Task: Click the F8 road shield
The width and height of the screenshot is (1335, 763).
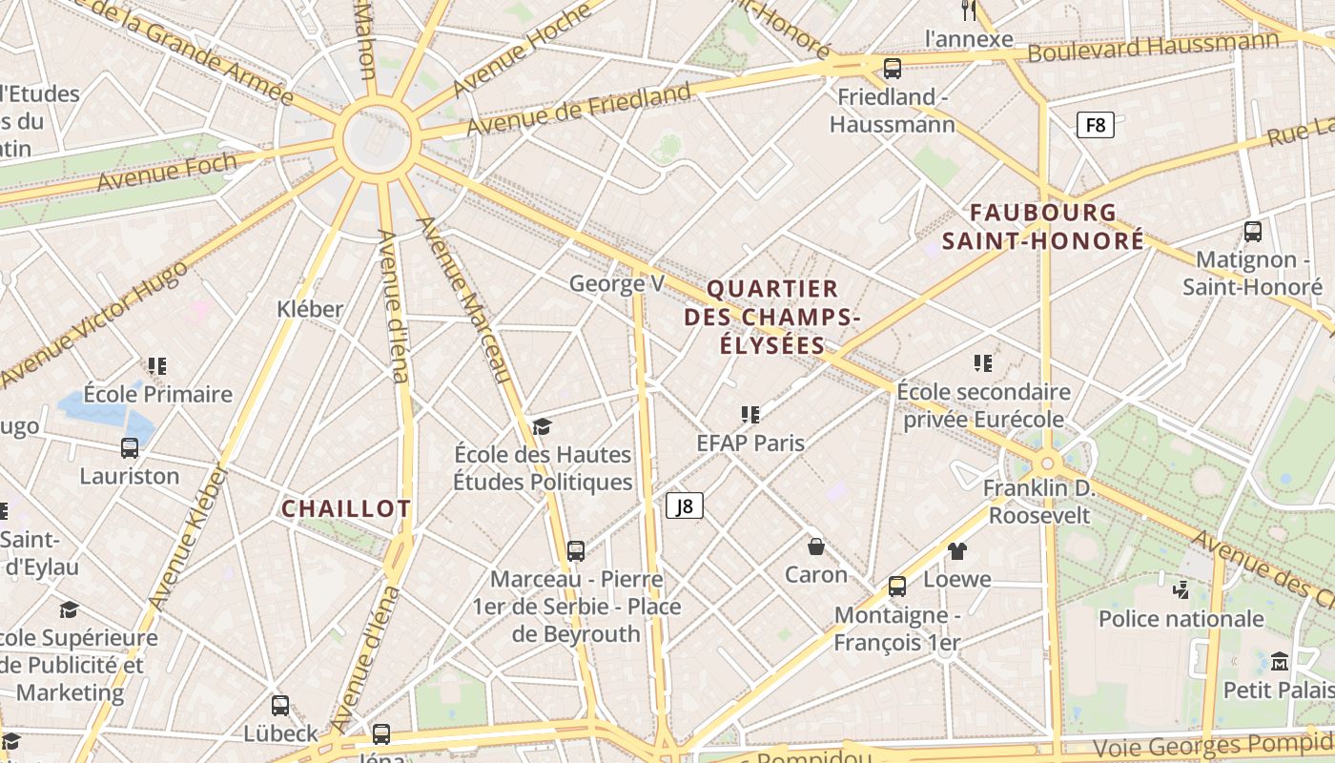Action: pos(1096,125)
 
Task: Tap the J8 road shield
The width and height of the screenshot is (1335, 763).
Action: pos(685,505)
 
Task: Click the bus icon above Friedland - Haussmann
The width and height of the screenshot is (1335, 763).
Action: pos(893,68)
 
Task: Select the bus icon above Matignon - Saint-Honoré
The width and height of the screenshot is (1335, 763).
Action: pos(1253,231)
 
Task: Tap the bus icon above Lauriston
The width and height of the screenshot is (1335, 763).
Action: pos(130,447)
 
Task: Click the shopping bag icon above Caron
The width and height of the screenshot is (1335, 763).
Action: pos(816,546)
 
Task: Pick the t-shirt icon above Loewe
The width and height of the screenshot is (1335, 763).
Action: pos(957,551)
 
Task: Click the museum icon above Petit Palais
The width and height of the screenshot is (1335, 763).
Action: pos(1280,661)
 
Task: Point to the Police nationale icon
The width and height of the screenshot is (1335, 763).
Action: pos(1181,589)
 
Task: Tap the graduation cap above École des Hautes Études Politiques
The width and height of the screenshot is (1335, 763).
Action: pos(543,426)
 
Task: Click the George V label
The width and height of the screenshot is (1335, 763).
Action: pos(617,283)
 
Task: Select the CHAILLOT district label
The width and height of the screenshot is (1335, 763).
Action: pos(346,508)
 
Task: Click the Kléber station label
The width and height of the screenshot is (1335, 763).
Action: pos(310,309)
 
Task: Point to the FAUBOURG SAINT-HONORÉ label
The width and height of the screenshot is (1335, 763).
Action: pos(1043,226)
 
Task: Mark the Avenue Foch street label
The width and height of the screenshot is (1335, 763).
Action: pos(167,172)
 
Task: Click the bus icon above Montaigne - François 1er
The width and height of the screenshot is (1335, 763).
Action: pos(897,586)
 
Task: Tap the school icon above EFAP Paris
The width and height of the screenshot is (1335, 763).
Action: pos(750,415)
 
